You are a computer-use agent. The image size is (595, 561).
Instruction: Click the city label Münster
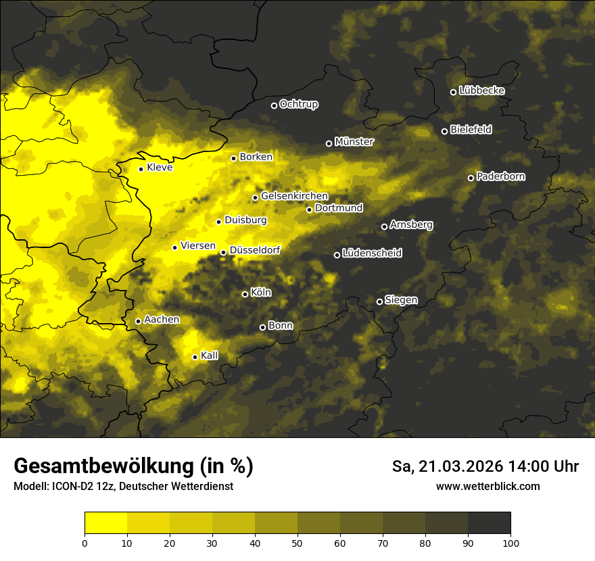click(354, 142)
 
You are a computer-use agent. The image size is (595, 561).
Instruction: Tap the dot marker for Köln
click(245, 294)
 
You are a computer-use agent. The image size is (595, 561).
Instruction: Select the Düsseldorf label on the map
click(255, 250)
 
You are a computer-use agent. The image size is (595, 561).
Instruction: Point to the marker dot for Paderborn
click(471, 178)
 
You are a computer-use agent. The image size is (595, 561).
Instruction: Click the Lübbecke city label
click(481, 91)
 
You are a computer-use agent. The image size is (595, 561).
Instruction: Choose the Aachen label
click(162, 320)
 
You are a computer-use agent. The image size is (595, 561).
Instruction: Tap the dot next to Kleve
click(141, 169)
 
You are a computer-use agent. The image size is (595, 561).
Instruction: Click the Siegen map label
click(401, 300)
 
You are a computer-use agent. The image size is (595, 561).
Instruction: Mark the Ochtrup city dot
click(274, 105)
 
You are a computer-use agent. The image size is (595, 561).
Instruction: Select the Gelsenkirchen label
click(294, 196)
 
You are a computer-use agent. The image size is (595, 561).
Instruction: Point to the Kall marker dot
click(195, 357)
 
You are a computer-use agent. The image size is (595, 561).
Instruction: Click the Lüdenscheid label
click(372, 253)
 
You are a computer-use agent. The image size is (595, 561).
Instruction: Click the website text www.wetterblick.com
click(488, 487)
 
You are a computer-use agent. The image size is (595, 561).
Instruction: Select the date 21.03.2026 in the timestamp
click(452, 466)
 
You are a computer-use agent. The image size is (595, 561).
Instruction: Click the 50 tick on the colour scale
click(297, 542)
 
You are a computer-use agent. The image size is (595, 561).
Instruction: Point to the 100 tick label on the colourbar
click(510, 542)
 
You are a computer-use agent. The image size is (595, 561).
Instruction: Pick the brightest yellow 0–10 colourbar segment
click(105, 522)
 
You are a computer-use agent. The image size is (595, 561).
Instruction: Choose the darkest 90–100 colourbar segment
click(489, 522)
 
